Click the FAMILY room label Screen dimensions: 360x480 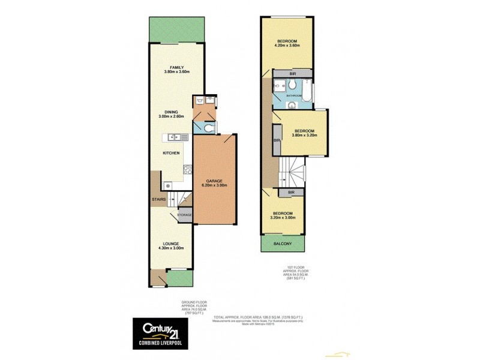(176, 67)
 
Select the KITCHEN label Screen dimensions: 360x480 (172, 154)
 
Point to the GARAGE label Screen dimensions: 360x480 (215, 181)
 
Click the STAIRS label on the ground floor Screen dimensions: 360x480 (158, 199)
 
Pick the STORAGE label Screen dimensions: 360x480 (184, 214)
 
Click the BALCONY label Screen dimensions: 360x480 (282, 243)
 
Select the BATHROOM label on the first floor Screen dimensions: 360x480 (293, 96)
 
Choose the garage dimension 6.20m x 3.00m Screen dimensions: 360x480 (215, 185)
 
